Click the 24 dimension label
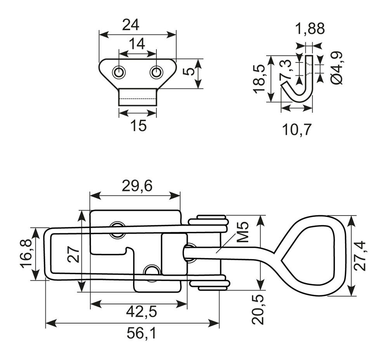[x=131, y=25]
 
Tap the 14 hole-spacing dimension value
[x=137, y=44]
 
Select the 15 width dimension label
[x=139, y=125]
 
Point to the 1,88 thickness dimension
[x=310, y=28]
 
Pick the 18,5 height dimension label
[x=259, y=79]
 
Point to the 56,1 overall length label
[x=142, y=334]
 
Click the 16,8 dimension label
[x=26, y=253]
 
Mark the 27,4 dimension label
[x=360, y=256]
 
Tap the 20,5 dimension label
[x=258, y=310]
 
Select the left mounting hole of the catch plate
[x=119, y=73]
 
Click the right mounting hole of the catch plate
[x=156, y=73]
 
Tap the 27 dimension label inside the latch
[x=73, y=254]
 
